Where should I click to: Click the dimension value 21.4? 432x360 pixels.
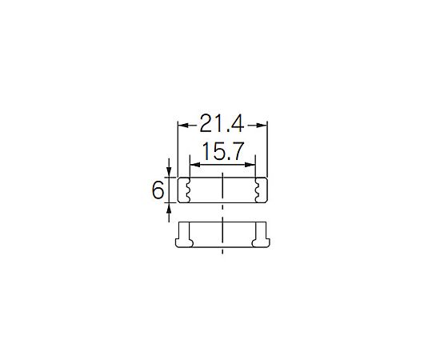(222, 123)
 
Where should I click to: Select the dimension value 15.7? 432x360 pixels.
(223, 151)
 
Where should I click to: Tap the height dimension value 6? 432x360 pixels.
(158, 190)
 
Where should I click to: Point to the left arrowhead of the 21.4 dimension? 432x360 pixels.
(183, 126)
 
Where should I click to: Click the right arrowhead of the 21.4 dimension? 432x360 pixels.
(262, 126)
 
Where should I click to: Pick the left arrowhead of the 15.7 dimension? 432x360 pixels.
(195, 165)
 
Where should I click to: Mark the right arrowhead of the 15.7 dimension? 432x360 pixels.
(250, 165)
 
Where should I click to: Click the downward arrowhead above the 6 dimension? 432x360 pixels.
(169, 172)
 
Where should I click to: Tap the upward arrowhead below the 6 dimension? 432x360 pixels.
(169, 208)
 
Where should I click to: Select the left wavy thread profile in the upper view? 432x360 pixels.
(188, 190)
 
